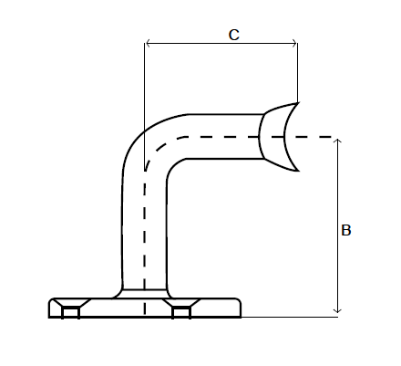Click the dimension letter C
[233, 36]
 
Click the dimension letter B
[345, 232]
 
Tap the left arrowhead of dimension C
[149, 42]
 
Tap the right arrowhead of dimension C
[294, 42]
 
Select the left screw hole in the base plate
[70, 312]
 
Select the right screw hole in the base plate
[181, 312]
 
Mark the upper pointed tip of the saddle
[297, 102]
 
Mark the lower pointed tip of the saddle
[297, 172]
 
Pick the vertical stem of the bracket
[145, 237]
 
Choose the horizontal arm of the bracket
[219, 137]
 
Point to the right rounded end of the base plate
[239, 308]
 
